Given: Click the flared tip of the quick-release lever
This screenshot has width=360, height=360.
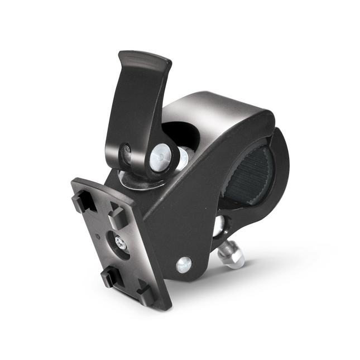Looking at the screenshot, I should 144,59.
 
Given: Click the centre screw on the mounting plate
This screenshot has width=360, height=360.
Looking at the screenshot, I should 119,242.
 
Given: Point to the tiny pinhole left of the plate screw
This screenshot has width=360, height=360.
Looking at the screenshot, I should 98,236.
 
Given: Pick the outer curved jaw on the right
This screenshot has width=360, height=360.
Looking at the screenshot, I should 282,167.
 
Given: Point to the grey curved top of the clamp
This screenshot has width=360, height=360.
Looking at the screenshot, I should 218,106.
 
